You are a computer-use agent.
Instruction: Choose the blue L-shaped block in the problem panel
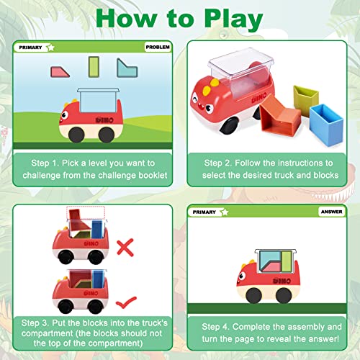pyautogui.click(x=127, y=68)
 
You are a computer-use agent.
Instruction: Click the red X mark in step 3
pyautogui.click(x=125, y=248)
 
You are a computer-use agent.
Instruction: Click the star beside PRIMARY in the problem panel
pyautogui.click(x=50, y=48)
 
